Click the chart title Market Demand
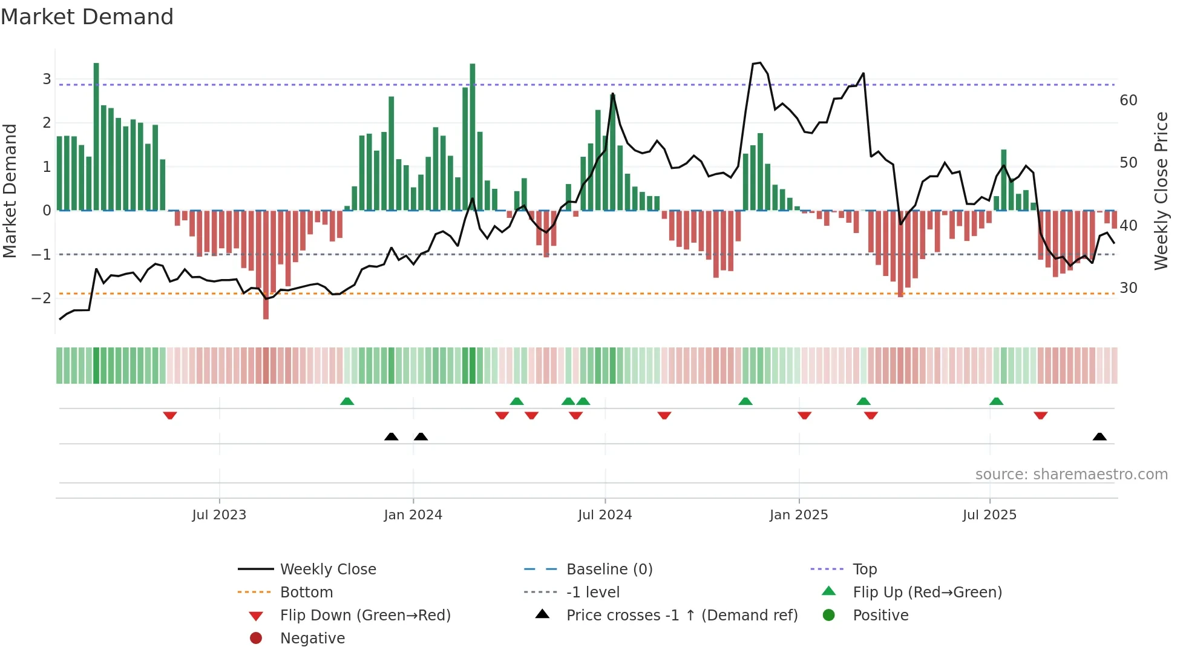pos(87,17)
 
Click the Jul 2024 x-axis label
pos(604,515)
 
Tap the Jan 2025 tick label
pos(798,515)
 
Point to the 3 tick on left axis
pos(47,79)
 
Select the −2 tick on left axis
pos(42,298)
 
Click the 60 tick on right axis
pos(1128,100)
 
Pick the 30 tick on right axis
pos(1128,288)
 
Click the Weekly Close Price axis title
pos(1161,191)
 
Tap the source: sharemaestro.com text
pos(1071,475)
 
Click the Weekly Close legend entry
pos(327,570)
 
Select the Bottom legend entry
pos(306,593)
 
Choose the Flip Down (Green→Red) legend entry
pos(365,616)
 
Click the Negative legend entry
pos(312,639)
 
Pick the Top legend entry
pos(864,570)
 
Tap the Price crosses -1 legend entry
pos(681,616)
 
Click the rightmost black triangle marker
pos(1099,437)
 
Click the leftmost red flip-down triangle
pos(170,415)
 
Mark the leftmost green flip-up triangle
pos(347,401)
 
